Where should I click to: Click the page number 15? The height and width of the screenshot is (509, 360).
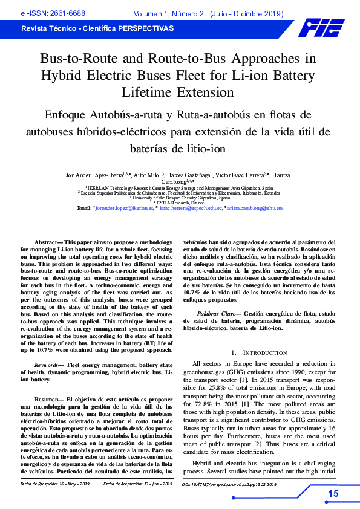pyautogui.click(x=333, y=494)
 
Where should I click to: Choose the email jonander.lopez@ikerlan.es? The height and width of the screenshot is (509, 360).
pyautogui.click(x=125, y=208)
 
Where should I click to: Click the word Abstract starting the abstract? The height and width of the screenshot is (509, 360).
pyautogui.click(x=49, y=241)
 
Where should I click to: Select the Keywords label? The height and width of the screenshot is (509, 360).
pyautogui.click(x=47, y=366)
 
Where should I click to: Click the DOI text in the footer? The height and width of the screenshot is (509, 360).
pyautogui.click(x=230, y=484)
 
